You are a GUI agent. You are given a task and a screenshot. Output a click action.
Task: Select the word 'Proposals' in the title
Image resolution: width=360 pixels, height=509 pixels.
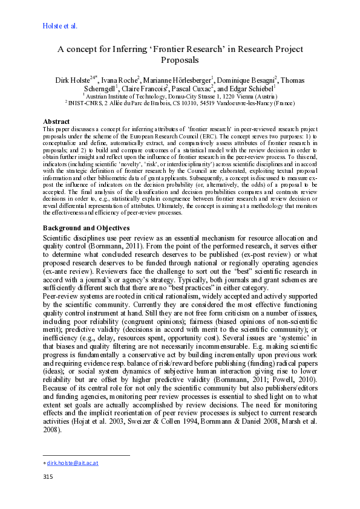tap(180, 60)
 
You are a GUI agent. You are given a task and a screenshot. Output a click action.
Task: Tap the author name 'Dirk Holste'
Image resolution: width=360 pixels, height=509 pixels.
tap(71, 80)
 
